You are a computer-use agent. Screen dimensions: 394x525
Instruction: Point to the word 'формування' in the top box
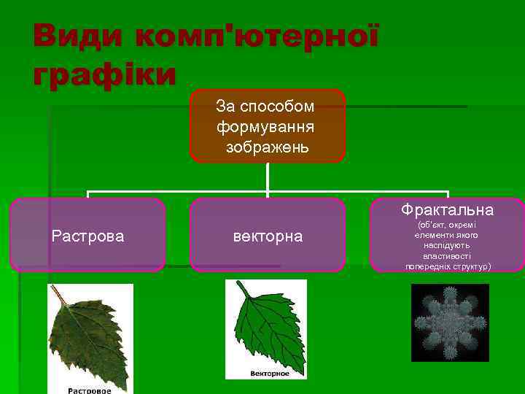(x=265, y=127)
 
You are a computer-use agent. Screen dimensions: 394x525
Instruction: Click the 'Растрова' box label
(x=87, y=236)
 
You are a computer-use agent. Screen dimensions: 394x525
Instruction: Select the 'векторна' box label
(x=267, y=236)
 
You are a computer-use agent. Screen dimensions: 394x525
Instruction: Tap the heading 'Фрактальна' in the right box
(x=446, y=210)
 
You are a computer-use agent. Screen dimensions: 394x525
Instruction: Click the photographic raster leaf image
(x=87, y=336)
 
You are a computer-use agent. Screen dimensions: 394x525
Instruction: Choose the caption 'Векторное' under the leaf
(x=269, y=374)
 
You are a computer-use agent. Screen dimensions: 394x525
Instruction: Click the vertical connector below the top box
(x=268, y=177)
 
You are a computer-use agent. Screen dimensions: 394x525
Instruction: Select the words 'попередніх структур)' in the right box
(x=448, y=266)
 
